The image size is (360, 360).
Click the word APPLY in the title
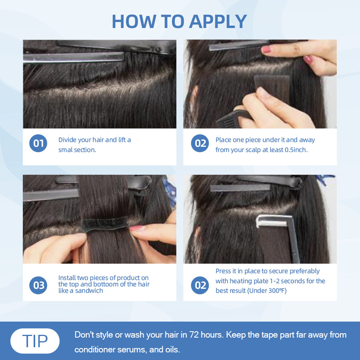tap(218, 22)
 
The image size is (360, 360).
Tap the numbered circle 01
tap(38, 143)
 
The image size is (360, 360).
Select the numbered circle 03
tap(38, 285)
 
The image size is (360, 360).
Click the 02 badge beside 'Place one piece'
tap(200, 143)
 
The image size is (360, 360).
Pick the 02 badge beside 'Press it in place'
tap(200, 285)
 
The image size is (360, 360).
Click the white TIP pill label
tap(35, 341)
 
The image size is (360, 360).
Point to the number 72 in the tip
tap(194, 335)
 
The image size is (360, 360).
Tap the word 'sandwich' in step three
tap(89, 291)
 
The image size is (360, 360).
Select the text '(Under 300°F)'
tap(267, 291)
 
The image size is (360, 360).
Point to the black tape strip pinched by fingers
tap(105, 224)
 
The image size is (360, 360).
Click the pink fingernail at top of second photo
tap(266, 49)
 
